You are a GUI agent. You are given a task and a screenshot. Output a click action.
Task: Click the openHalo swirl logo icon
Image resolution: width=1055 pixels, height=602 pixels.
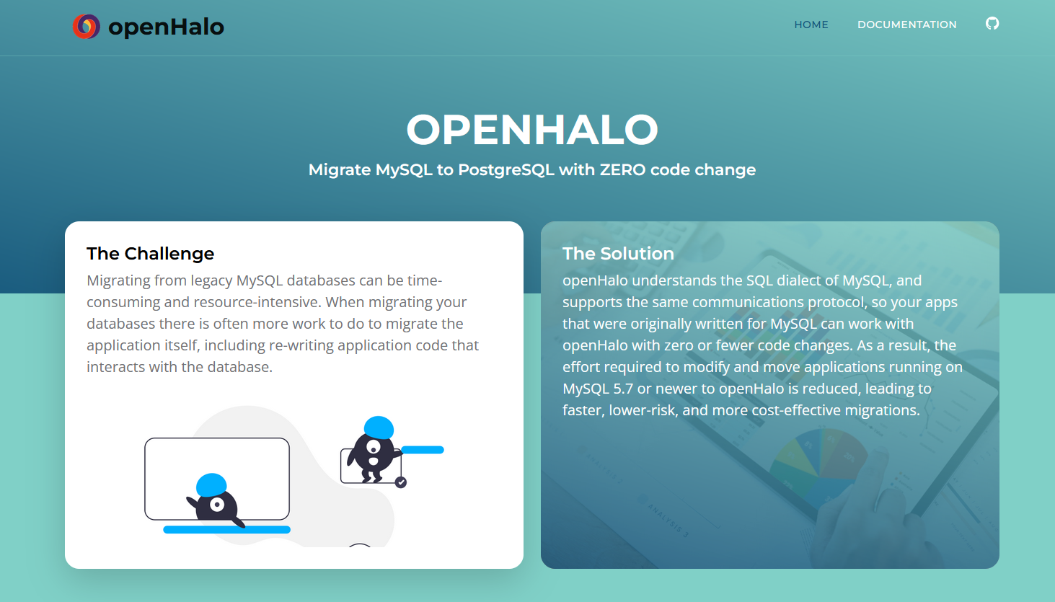pyautogui.click(x=86, y=27)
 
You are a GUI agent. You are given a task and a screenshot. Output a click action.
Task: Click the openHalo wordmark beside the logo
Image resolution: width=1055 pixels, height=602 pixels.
pyautogui.click(x=166, y=27)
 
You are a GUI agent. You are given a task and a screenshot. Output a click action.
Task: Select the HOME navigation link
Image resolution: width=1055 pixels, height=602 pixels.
pyautogui.click(x=811, y=25)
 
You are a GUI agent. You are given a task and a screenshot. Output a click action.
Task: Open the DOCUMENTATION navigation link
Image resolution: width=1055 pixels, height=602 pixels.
pyautogui.click(x=906, y=25)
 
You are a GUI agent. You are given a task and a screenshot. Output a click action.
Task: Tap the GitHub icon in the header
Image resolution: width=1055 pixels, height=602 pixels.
pyautogui.click(x=992, y=24)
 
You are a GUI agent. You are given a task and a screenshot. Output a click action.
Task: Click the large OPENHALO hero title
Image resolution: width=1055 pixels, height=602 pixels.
pyautogui.click(x=532, y=130)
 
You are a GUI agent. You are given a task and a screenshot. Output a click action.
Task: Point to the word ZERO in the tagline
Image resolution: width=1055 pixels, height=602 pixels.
pyautogui.click(x=622, y=170)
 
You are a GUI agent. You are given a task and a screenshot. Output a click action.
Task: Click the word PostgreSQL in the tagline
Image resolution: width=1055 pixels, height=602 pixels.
pyautogui.click(x=506, y=170)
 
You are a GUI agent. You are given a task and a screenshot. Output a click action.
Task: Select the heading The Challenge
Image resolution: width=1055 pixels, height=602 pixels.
pyautogui.click(x=150, y=254)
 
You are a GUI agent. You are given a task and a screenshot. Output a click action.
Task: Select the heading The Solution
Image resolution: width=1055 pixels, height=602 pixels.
pyautogui.click(x=618, y=254)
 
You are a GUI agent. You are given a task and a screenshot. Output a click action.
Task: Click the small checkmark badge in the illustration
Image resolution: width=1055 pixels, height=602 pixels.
pyautogui.click(x=401, y=482)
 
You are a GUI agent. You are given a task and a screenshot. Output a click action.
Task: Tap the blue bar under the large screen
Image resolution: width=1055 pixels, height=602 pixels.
pyautogui.click(x=226, y=530)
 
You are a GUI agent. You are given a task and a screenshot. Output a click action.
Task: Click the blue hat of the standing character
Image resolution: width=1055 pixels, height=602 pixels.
pyautogui.click(x=379, y=427)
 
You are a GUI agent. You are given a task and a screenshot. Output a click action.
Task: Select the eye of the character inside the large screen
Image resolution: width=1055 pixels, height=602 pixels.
pyautogui.click(x=216, y=505)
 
